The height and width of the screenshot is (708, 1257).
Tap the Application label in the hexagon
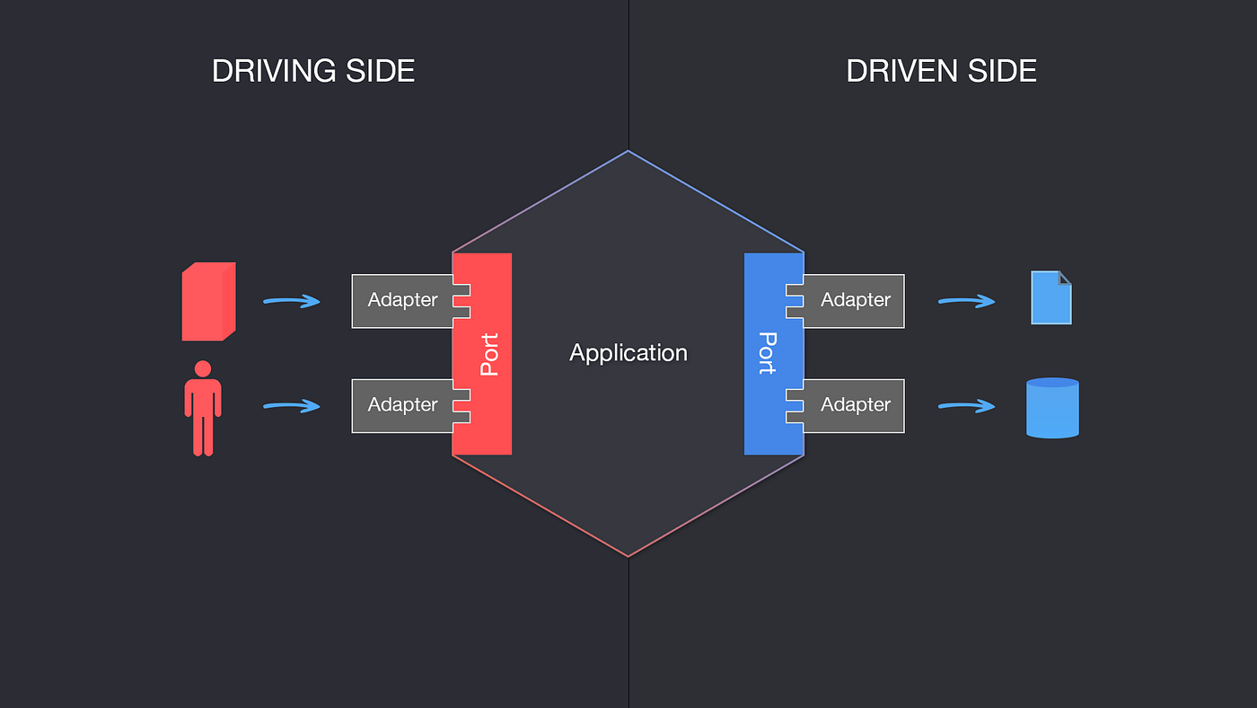[628, 353]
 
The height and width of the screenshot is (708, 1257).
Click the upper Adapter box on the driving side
[402, 301]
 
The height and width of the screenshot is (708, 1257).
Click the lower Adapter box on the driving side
[402, 405]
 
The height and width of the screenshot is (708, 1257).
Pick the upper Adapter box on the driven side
[855, 301]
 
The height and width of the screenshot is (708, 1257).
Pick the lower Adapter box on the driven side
[855, 405]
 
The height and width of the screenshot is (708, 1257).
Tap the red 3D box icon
[208, 302]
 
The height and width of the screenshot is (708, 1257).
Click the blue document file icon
[1051, 298]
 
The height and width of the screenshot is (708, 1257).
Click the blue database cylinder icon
[1052, 408]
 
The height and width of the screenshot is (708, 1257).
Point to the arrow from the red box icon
[292, 301]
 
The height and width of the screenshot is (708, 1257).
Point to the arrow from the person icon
[292, 406]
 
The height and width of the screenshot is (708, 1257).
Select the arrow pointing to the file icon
[967, 301]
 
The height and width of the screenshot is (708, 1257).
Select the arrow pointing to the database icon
[967, 406]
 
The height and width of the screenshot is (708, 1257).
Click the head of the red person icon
[203, 368]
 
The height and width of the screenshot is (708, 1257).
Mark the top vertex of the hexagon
[628, 151]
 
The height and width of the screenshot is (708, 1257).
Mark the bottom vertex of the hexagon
[628, 556]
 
